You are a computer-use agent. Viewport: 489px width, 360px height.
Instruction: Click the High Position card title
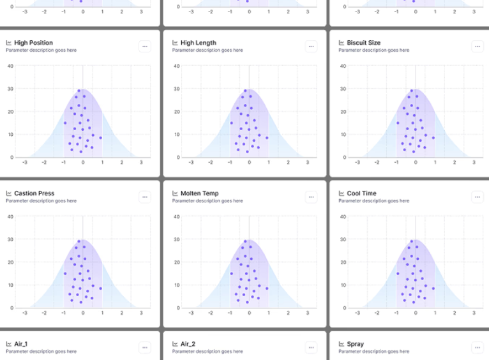click(33, 43)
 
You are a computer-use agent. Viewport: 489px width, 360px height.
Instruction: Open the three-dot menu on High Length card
click(311, 46)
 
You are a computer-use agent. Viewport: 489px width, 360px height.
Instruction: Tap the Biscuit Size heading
click(363, 43)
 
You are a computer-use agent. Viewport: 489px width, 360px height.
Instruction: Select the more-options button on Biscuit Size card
click(478, 46)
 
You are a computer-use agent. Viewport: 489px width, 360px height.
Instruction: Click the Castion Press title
click(34, 193)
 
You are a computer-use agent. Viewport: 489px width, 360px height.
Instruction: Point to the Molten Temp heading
click(199, 193)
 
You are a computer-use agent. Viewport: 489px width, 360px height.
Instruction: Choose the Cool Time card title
click(361, 193)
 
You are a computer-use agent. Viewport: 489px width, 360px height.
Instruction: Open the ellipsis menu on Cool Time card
click(478, 197)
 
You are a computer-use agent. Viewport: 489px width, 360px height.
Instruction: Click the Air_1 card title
click(20, 344)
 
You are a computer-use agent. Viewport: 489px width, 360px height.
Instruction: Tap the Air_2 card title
click(188, 344)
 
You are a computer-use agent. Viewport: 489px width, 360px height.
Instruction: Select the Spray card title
click(355, 344)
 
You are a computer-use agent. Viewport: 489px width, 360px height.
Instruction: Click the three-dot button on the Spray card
click(478, 347)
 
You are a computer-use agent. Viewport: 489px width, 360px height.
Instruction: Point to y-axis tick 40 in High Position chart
click(10, 66)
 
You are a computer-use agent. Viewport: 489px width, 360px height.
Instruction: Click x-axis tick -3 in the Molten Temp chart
click(191, 313)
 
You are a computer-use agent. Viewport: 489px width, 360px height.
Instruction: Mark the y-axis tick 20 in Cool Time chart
click(343, 262)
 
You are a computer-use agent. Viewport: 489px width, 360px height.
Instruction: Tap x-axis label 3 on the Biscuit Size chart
click(474, 163)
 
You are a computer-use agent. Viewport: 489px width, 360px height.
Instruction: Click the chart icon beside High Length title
click(175, 43)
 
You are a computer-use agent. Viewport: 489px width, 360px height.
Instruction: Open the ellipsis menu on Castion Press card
click(145, 197)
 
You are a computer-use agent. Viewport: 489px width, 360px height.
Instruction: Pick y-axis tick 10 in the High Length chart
click(176, 135)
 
